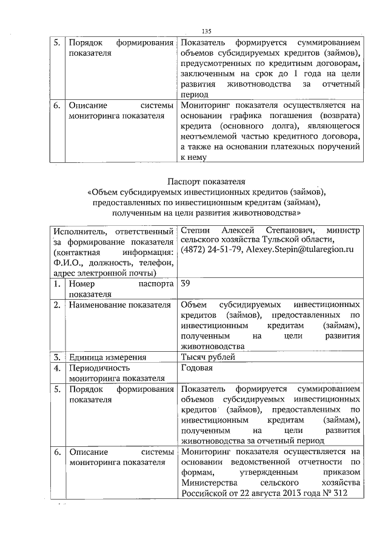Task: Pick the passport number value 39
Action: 186,283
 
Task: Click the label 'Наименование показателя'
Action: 119,305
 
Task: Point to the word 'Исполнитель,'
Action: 78,230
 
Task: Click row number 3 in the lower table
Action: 57,357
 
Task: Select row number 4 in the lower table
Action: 57,368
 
